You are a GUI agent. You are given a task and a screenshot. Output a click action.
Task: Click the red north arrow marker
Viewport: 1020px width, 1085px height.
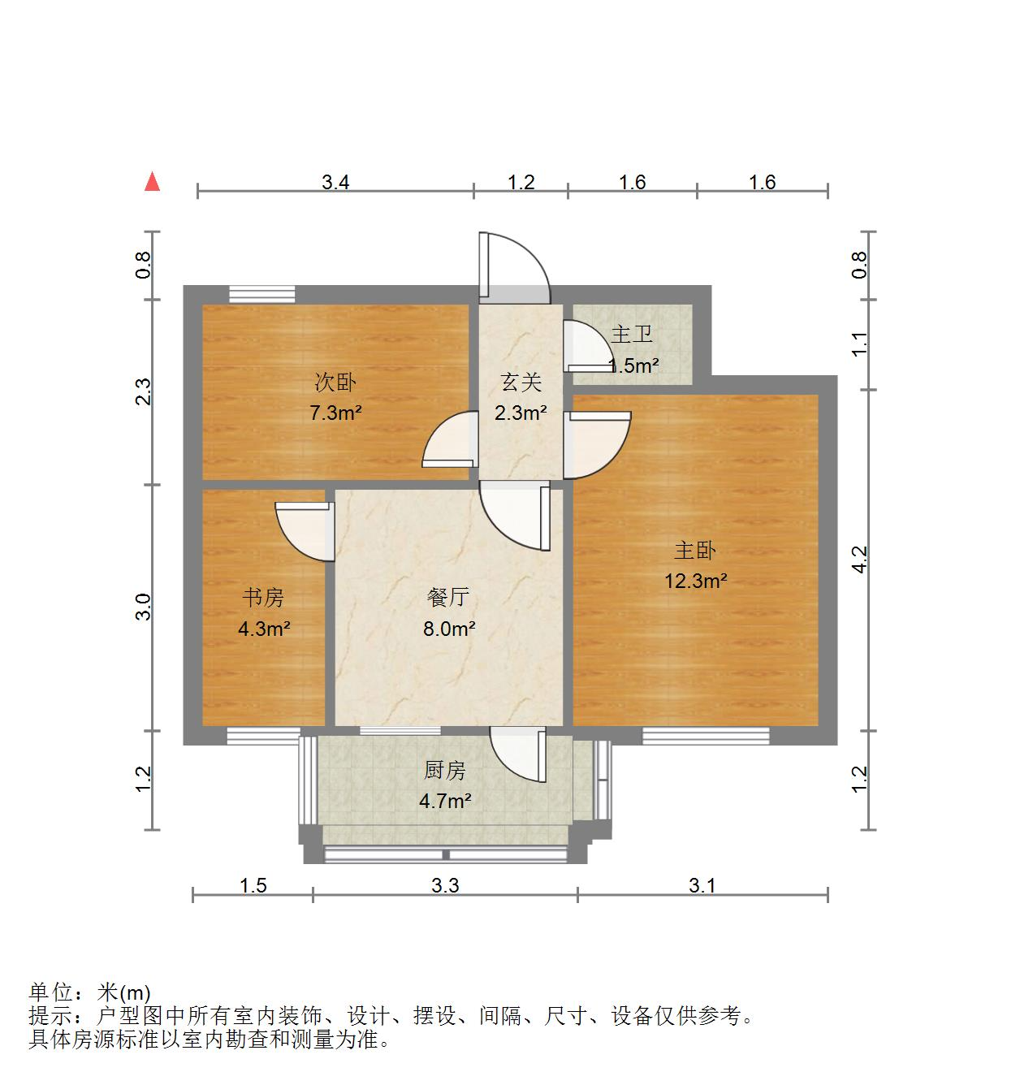[152, 182]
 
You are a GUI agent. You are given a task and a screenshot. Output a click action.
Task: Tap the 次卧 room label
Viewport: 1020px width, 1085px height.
[335, 382]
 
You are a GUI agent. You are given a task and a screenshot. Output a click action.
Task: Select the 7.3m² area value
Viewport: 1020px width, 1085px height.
[335, 413]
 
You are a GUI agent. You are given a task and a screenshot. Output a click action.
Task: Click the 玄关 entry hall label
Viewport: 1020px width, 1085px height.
[521, 382]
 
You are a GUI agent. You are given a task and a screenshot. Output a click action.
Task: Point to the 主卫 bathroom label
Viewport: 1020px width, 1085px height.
[632, 334]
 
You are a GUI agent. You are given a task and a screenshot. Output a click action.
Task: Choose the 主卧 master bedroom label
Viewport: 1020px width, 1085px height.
[695, 551]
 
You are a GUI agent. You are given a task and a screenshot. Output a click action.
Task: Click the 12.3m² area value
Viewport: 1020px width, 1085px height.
[695, 581]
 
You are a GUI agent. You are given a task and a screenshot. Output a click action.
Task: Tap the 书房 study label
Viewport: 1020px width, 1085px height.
[264, 598]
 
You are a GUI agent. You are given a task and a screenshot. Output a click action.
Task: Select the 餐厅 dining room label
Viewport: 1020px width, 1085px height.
[448, 598]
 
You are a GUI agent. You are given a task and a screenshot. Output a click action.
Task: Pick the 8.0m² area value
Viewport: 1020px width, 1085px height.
[448, 628]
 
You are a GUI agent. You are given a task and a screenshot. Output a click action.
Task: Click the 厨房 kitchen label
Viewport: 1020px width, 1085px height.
[445, 770]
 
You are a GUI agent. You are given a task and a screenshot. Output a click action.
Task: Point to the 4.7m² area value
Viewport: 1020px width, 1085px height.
[445, 802]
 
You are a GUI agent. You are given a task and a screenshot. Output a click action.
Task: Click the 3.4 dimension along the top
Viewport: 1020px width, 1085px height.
[335, 182]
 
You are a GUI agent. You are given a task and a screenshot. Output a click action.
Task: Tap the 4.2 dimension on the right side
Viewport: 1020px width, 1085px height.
[860, 559]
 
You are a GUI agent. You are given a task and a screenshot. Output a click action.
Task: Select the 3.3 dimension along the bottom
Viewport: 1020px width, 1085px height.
[445, 884]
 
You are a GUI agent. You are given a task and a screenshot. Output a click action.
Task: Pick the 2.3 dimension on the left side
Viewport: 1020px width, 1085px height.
[144, 391]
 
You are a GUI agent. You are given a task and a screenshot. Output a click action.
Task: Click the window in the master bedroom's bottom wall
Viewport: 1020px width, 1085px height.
[706, 736]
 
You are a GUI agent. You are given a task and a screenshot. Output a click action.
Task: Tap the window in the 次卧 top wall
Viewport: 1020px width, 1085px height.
[261, 294]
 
